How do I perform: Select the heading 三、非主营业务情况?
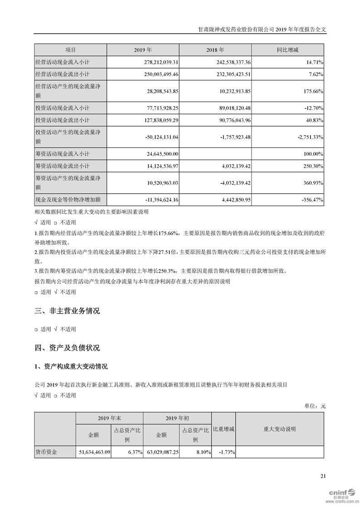click(67, 311)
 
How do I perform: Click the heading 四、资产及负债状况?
click(67, 348)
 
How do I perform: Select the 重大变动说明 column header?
click(279, 429)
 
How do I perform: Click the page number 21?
click(323, 476)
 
